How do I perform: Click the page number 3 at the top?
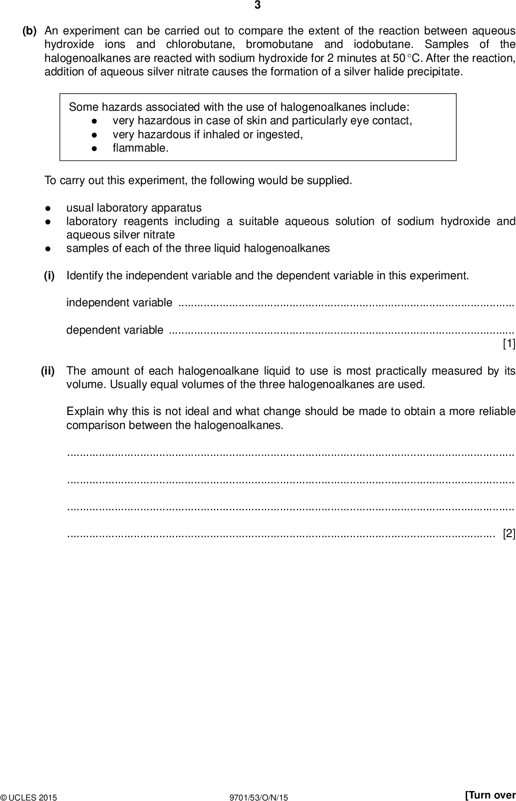pyautogui.click(x=258, y=5)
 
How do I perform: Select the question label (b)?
pyautogui.click(x=29, y=31)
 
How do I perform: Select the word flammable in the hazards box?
pyautogui.click(x=140, y=148)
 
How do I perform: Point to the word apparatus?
pyautogui.click(x=177, y=207)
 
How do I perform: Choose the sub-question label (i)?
pyautogui.click(x=49, y=275)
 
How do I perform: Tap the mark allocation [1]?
pyautogui.click(x=509, y=344)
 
